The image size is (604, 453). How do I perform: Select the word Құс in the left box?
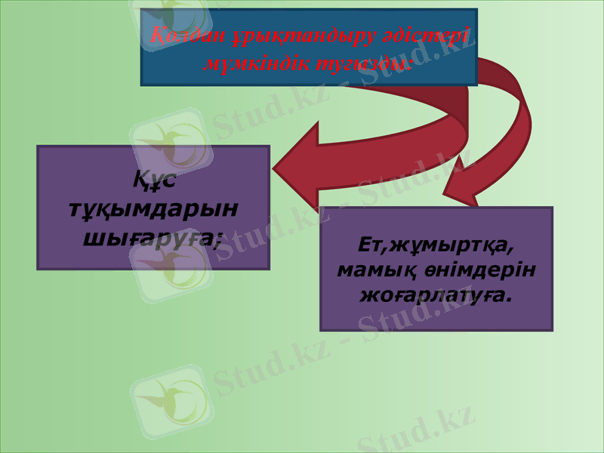149,180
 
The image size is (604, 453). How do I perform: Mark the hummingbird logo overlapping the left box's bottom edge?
170,264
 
